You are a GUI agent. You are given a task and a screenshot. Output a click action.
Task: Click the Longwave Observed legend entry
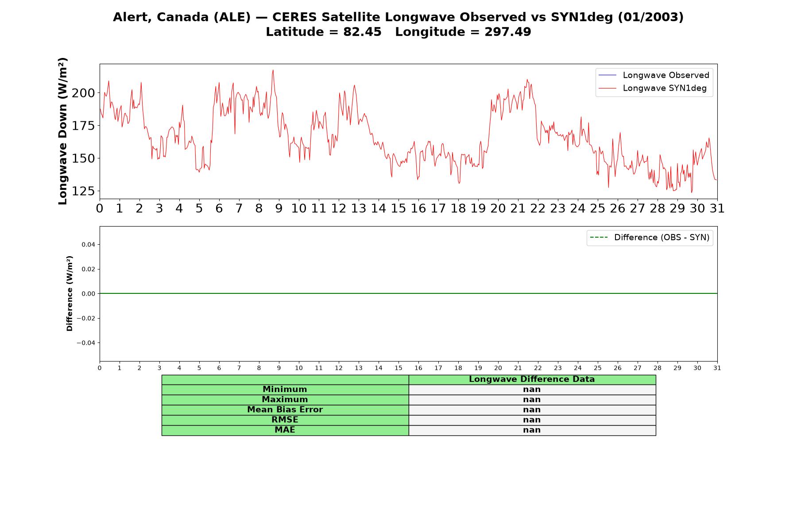[654, 75]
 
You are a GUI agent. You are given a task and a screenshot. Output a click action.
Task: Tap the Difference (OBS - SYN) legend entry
[650, 238]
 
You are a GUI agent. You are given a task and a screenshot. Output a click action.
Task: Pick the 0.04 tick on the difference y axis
[88, 244]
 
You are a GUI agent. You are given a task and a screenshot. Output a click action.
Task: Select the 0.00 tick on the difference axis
[88, 294]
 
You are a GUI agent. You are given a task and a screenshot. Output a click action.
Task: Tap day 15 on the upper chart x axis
[398, 208]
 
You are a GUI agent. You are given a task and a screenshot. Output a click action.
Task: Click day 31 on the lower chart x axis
[717, 368]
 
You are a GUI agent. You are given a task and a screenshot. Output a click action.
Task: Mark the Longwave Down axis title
[62, 131]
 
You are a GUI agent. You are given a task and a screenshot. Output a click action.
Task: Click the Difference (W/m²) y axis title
[70, 293]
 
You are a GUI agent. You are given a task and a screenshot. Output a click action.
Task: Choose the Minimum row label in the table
[285, 389]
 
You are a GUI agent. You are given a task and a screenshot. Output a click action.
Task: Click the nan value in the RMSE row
[532, 420]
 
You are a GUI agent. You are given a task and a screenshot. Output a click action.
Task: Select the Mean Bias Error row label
[285, 410]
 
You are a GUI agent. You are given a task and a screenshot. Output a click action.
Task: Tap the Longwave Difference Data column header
[532, 379]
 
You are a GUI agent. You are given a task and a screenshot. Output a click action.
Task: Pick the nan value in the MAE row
[532, 430]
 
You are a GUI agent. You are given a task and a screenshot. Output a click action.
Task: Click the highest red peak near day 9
[273, 70]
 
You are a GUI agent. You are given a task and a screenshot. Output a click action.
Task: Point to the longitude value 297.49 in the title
[507, 32]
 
